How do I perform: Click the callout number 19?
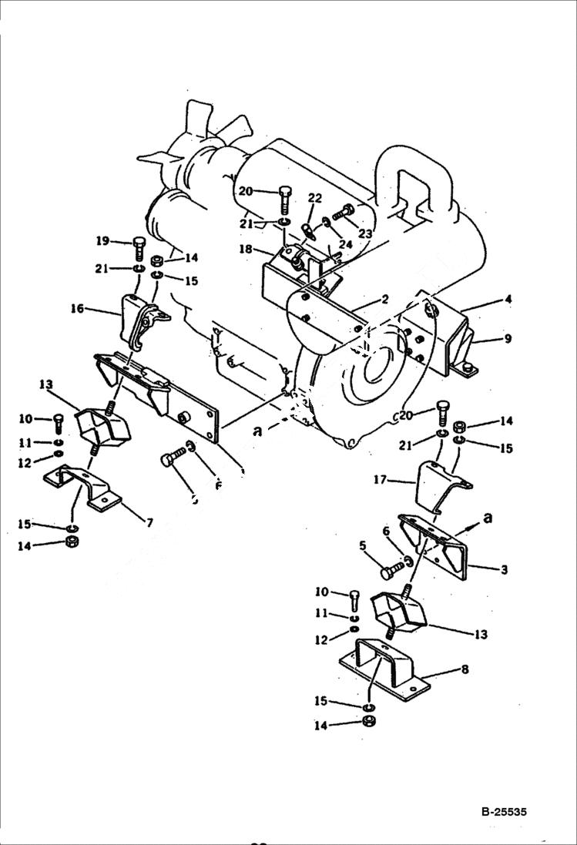coord(102,241)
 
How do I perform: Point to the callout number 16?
coord(77,309)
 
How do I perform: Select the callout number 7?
coord(149,523)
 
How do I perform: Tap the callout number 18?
coord(244,250)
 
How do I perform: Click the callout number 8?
coord(464,669)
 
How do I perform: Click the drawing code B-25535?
coord(505,812)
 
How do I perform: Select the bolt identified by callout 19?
coord(139,248)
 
